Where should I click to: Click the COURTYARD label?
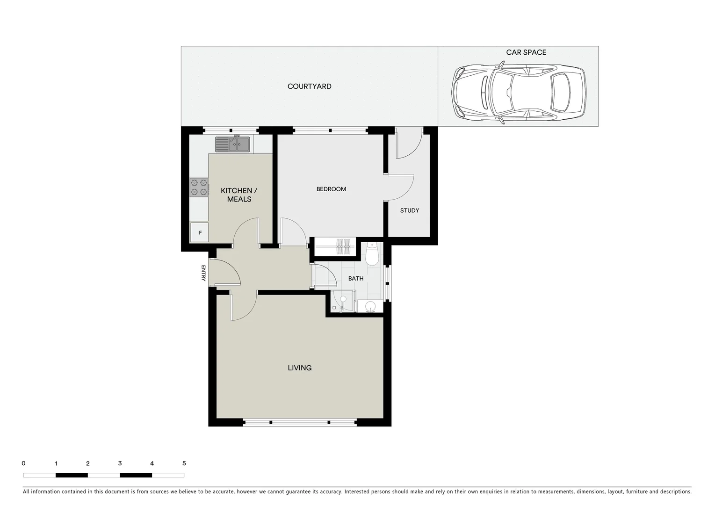[309, 87]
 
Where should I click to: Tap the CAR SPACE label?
[526, 52]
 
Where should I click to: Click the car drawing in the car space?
[518, 93]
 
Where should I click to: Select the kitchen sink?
[232, 144]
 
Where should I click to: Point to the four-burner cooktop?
[199, 187]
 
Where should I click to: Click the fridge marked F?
[200, 232]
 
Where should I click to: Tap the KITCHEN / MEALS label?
[239, 195]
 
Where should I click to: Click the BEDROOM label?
[331, 189]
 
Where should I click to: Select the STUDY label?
[410, 210]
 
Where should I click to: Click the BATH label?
[356, 279]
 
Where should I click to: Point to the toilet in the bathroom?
[372, 255]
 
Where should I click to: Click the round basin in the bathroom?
[370, 307]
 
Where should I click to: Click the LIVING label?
[299, 368]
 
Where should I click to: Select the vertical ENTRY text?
[203, 273]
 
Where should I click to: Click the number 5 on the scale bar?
[184, 464]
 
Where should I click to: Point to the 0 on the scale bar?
[23, 464]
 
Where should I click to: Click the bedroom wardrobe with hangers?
[335, 246]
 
